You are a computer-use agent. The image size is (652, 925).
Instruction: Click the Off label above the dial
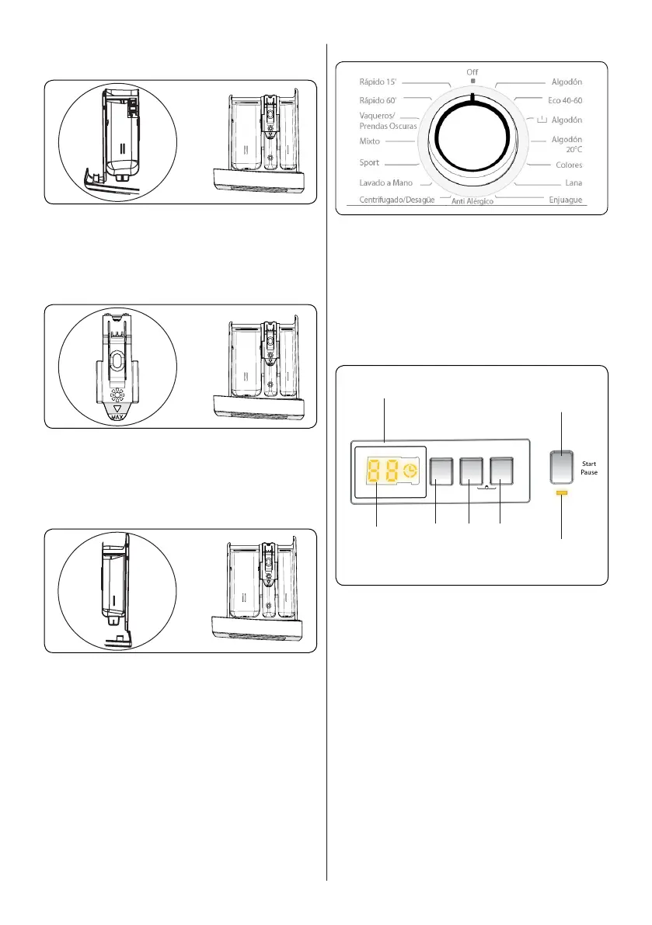click(472, 71)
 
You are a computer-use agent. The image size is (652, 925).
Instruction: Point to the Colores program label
click(569, 165)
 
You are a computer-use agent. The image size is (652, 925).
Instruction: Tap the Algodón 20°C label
click(567, 144)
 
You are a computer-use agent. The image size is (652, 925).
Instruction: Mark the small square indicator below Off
click(472, 81)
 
